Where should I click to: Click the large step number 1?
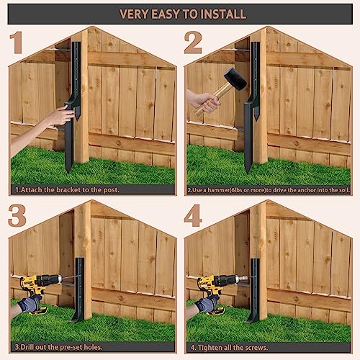pyautogui.click(x=17, y=42)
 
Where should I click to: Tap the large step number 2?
pyautogui.click(x=193, y=42)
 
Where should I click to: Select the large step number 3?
pyautogui.click(x=17, y=215)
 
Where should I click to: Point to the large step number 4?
pyautogui.click(x=193, y=215)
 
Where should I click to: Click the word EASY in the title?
pyautogui.click(x=165, y=14)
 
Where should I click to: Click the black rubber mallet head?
pyautogui.click(x=235, y=79)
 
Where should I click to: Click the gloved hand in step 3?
pyautogui.click(x=30, y=304)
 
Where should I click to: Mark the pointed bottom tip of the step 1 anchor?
pyautogui.click(x=68, y=172)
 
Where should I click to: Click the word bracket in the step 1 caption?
pyautogui.click(x=68, y=190)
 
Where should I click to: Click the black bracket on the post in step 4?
pyautogui.click(x=253, y=290)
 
